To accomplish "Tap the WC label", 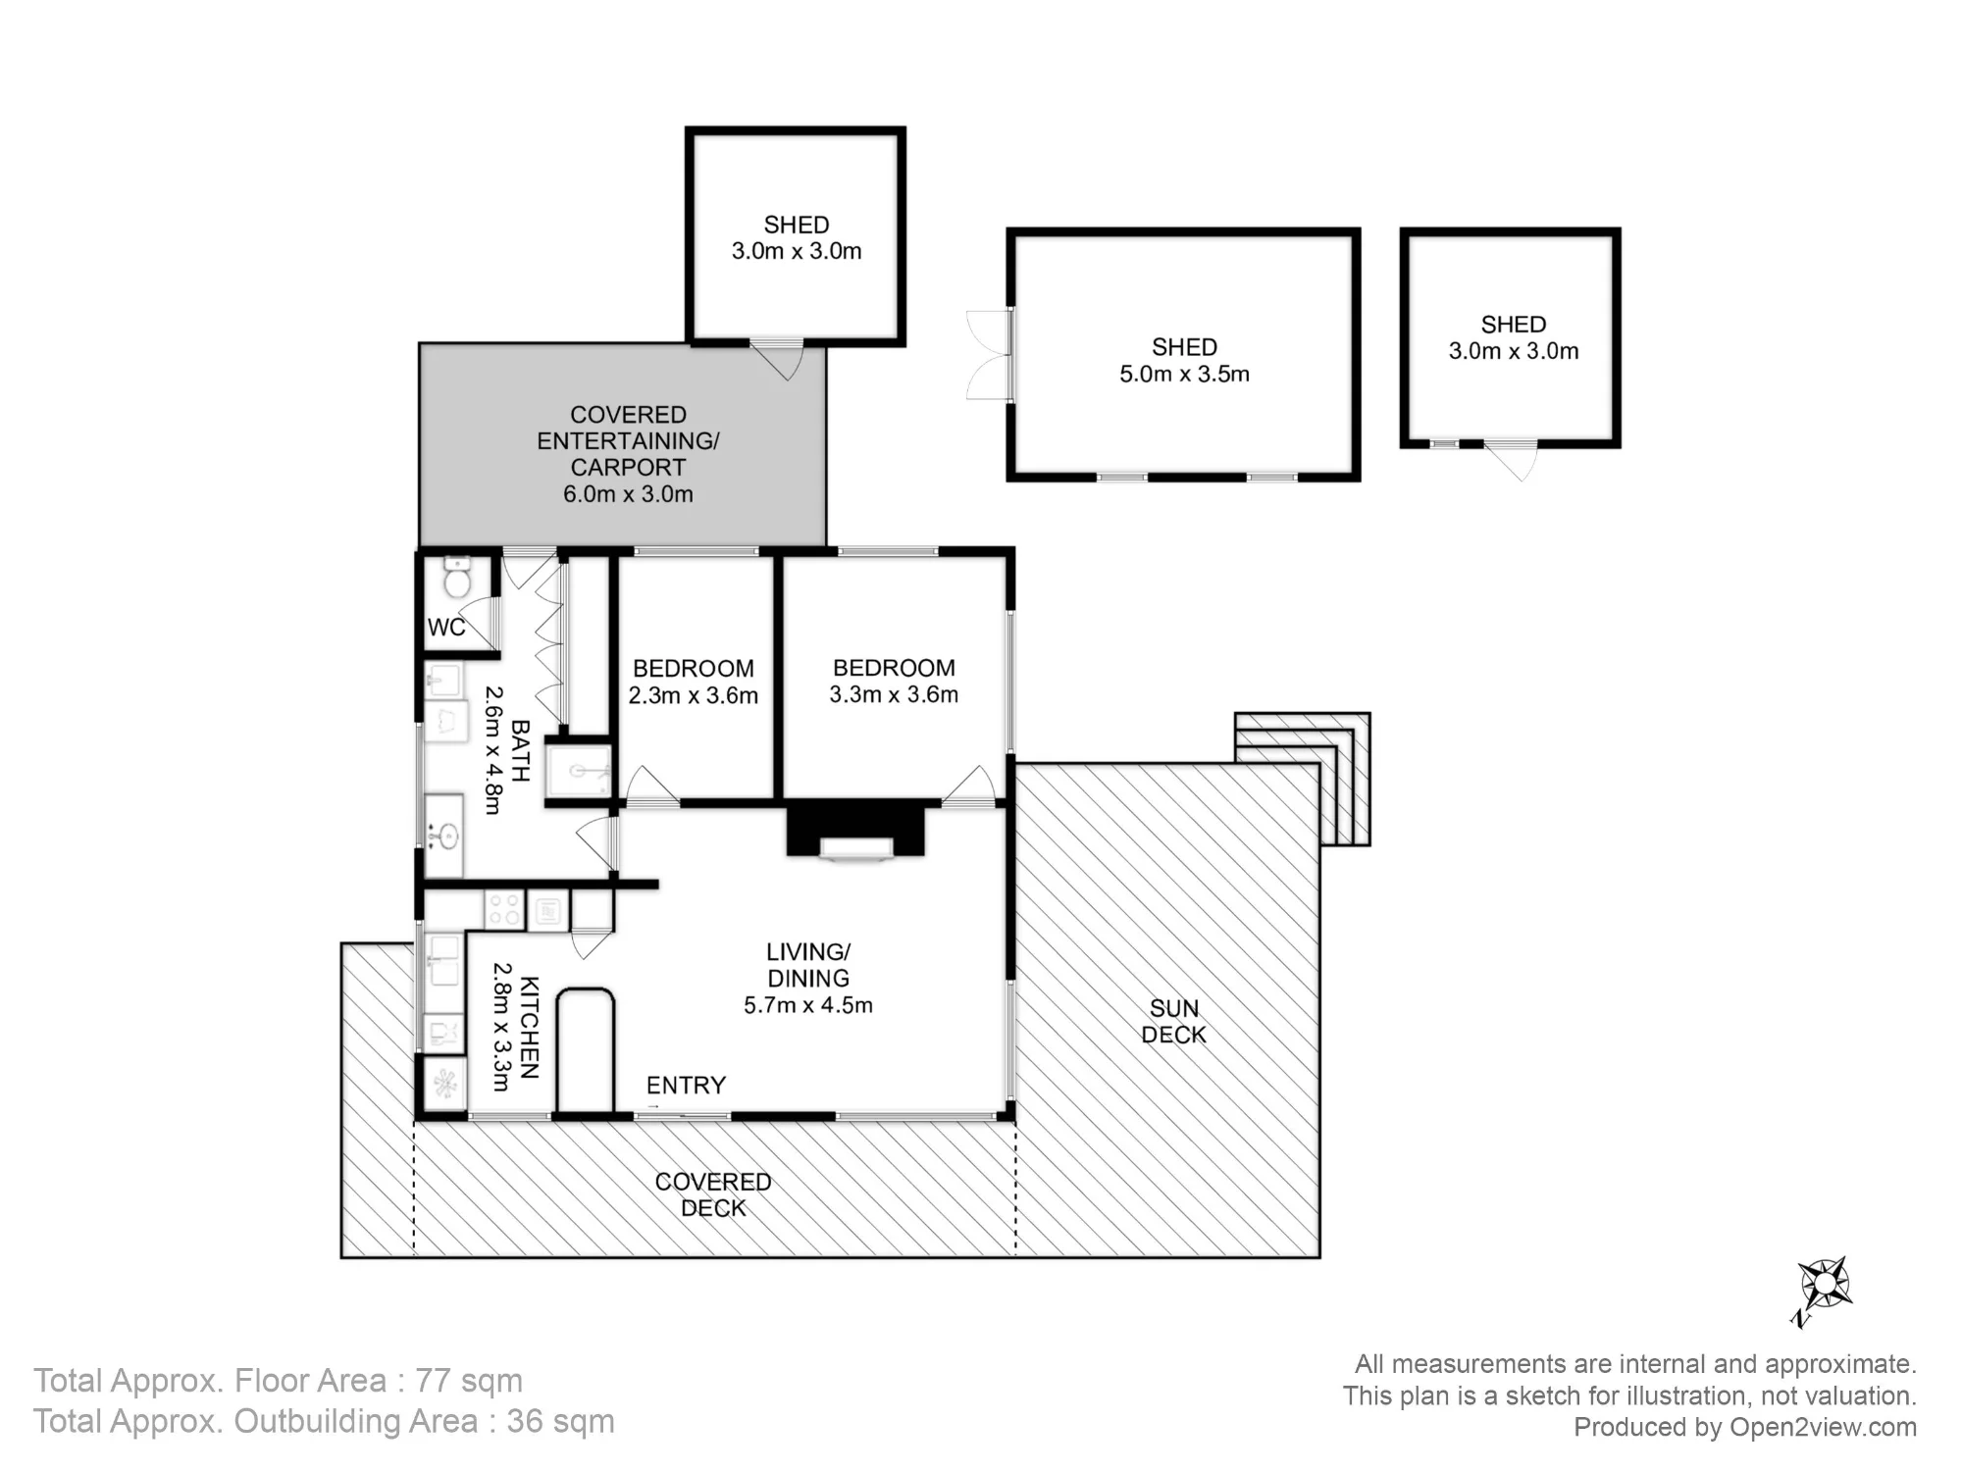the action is point(446,628).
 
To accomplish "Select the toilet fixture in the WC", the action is point(457,577).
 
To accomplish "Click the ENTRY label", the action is point(686,1086).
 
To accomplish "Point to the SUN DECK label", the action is point(1174,1022).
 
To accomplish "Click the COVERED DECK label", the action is point(713,1195).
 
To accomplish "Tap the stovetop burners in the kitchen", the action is point(504,909).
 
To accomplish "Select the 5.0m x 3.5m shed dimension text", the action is point(1185,374).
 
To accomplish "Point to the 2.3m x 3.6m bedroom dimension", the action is point(694,695).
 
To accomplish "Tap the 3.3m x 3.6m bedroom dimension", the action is point(894,694).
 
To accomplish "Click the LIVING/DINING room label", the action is point(808,965).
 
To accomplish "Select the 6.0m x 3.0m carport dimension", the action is point(628,494).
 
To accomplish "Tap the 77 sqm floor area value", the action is point(469,1381).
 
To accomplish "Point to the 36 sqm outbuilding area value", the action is point(560,1422).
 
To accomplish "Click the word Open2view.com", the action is point(1823,1428).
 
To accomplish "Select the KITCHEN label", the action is point(529,1027).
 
